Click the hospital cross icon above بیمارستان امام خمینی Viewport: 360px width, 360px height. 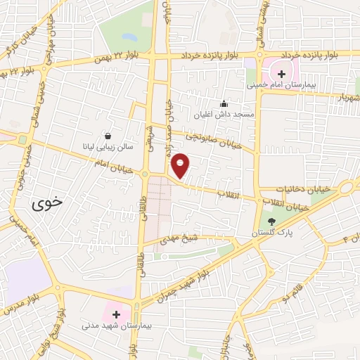click(x=281, y=73)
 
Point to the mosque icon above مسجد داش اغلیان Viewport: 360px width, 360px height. click(x=224, y=103)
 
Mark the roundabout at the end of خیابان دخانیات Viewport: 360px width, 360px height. click(x=347, y=188)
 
